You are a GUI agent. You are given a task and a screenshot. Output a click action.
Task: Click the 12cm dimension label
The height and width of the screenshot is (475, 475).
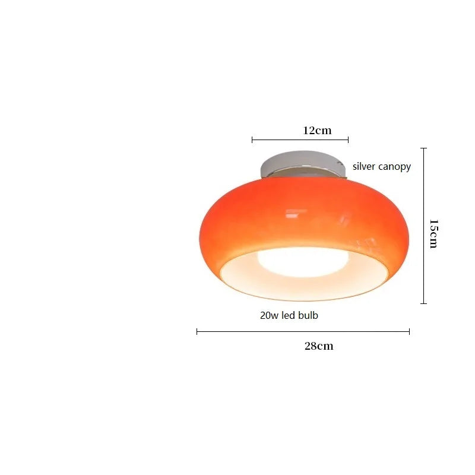[x=317, y=130]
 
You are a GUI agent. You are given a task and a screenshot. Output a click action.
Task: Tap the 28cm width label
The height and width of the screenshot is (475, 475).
[x=319, y=346]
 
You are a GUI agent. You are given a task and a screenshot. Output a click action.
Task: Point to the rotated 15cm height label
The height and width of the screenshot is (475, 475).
[x=434, y=233]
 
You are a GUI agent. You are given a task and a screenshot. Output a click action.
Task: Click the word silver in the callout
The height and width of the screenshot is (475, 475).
[x=365, y=166]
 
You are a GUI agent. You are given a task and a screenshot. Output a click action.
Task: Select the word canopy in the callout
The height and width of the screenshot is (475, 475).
[x=395, y=167]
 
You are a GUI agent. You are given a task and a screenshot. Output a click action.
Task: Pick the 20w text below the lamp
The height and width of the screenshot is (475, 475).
[x=269, y=315]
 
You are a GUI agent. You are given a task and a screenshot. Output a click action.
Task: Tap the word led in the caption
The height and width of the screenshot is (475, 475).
[x=289, y=315]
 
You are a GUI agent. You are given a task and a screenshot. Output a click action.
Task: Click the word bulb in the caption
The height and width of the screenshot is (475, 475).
[x=308, y=315]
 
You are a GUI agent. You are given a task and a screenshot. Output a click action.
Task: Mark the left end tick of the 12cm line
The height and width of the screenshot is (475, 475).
[x=252, y=140]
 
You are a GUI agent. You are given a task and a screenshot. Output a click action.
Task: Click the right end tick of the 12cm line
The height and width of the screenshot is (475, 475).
[x=348, y=140]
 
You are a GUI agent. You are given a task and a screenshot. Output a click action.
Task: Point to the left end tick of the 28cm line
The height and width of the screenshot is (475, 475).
[x=197, y=331]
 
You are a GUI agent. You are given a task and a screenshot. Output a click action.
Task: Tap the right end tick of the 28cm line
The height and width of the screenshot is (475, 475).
[x=409, y=331]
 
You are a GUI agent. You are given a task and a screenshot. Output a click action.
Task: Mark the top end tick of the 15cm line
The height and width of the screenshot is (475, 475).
[x=423, y=148]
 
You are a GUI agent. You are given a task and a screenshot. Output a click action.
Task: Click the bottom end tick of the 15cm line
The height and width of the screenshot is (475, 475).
[x=423, y=303]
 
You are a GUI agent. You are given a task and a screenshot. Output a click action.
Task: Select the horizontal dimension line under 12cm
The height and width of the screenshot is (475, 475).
[x=300, y=140]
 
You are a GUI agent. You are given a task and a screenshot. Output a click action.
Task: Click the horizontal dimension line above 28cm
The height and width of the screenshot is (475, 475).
[x=303, y=331]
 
